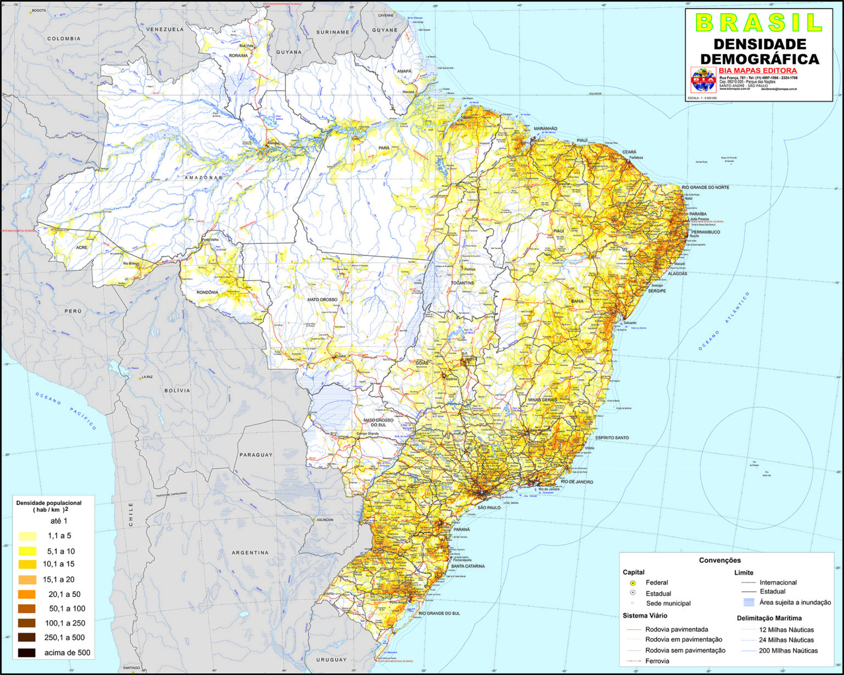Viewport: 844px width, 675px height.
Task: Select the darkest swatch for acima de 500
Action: pyautogui.click(x=26, y=653)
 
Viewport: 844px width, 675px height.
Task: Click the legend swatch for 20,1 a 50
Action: pyautogui.click(x=26, y=594)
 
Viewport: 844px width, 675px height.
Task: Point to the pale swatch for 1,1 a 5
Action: pyautogui.click(x=26, y=536)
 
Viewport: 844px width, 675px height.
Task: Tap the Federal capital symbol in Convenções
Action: pyautogui.click(x=632, y=583)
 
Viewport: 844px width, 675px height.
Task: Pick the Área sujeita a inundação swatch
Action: pyautogui.click(x=748, y=602)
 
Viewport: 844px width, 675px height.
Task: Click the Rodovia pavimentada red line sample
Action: pyautogui.click(x=634, y=630)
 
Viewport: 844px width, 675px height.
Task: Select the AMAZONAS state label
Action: pyautogui.click(x=203, y=178)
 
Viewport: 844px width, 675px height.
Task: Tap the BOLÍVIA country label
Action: pyautogui.click(x=177, y=391)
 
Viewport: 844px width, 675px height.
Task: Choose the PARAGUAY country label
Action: pyautogui.click(x=256, y=455)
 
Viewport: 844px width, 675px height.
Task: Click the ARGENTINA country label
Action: pyautogui.click(x=250, y=553)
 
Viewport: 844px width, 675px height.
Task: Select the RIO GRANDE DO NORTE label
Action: pyautogui.click(x=706, y=187)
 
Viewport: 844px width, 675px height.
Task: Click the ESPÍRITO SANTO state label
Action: pyautogui.click(x=612, y=438)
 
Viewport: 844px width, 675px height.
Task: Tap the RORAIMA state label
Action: pyautogui.click(x=238, y=55)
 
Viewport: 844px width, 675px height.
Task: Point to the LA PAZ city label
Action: pyautogui.click(x=147, y=377)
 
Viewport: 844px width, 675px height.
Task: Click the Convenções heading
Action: pyautogui.click(x=720, y=560)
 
